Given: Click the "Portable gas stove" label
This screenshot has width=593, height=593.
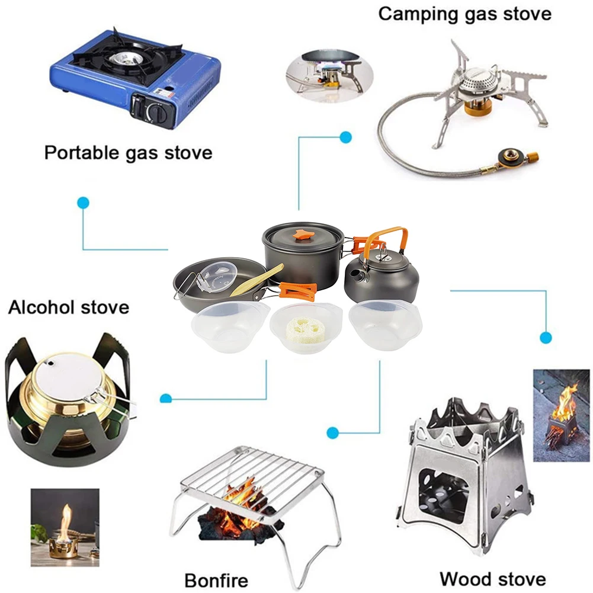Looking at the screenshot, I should [128, 152].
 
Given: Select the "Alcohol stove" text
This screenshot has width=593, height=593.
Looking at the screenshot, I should [68, 307].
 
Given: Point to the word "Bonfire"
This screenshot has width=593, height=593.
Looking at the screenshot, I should [216, 579].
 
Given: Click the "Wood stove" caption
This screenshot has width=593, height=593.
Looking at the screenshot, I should [493, 578].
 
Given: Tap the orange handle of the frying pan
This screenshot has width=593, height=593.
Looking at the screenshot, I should [299, 291].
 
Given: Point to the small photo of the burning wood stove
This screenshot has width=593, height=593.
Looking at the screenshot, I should [562, 415].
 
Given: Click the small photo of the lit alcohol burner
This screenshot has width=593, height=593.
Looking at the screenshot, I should [65, 527].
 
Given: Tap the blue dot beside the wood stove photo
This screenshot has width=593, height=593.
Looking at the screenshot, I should [546, 338].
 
